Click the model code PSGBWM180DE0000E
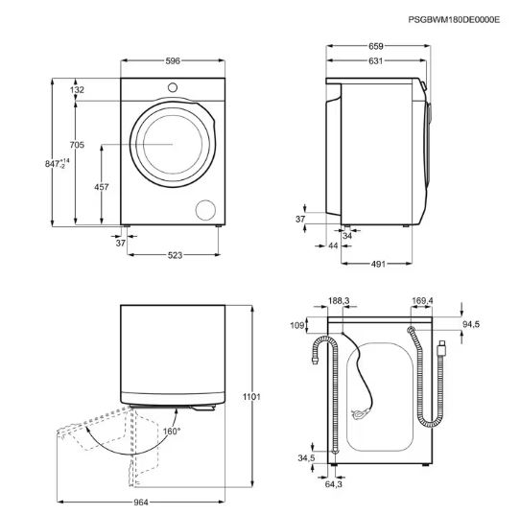pos(454,20)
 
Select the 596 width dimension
pos(173,61)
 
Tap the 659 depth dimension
pos(376,46)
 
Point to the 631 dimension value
pos(376,61)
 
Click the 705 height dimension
pos(77,145)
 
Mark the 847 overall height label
pos(58,164)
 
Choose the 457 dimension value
pos(102,187)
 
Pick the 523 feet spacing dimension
pos(176,255)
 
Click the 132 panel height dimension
pos(78,90)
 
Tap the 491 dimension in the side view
pos(378,264)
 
